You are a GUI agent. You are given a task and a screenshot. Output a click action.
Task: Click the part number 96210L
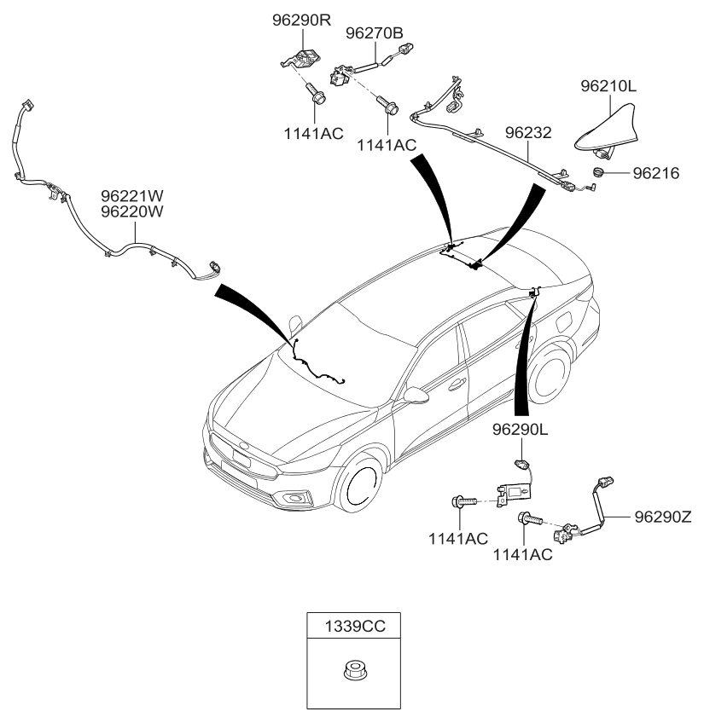[x=609, y=86]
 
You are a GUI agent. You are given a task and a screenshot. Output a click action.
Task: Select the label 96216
[x=656, y=173]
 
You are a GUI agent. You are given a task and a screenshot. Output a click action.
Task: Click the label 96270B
[x=374, y=33]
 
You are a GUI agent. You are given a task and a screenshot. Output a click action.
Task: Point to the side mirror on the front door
[x=415, y=396]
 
